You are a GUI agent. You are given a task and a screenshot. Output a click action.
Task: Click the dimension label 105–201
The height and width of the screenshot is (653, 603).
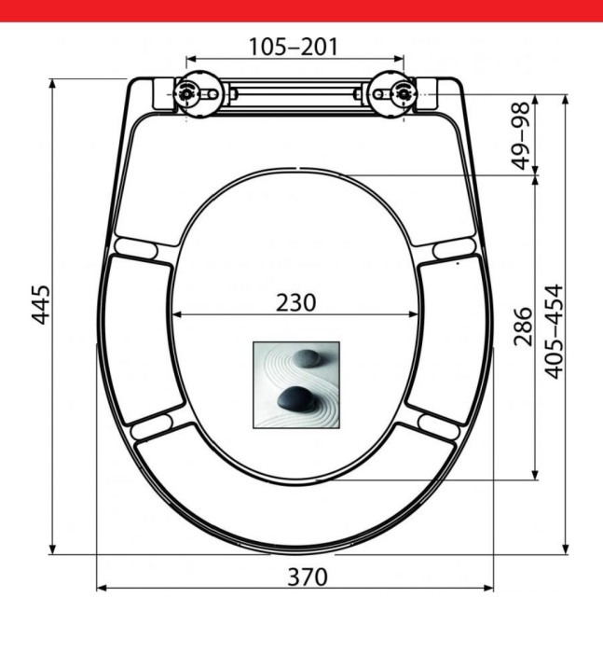(x=294, y=47)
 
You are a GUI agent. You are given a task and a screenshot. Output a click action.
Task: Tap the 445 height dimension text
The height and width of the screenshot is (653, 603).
(x=41, y=304)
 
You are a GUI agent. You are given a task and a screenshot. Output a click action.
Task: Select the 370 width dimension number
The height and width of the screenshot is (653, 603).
(x=308, y=577)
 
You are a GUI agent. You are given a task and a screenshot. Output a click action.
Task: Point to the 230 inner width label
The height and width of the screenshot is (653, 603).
(x=295, y=303)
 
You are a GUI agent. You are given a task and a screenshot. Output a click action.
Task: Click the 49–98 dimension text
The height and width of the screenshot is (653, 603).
(x=521, y=136)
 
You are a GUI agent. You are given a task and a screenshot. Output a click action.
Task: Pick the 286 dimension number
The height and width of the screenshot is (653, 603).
(x=523, y=326)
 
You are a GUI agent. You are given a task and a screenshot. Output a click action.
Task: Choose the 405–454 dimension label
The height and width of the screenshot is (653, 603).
(x=554, y=332)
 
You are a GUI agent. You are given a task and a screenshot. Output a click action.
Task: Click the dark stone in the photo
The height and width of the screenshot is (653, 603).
(x=296, y=398)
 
